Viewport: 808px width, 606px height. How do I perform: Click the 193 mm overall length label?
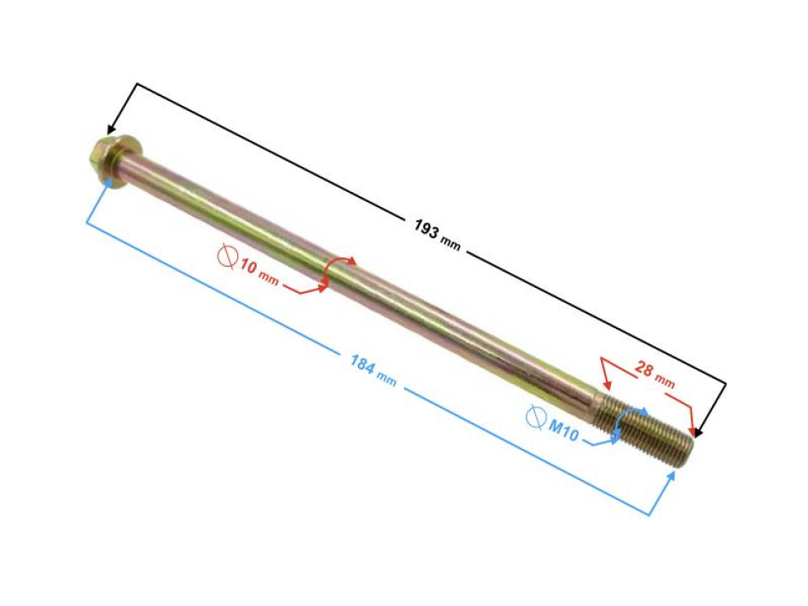(x=437, y=235)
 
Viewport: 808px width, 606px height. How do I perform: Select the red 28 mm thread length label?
(x=655, y=375)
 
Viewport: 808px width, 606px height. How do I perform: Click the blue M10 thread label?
(x=564, y=431)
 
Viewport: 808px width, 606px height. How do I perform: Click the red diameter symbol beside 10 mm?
(x=227, y=256)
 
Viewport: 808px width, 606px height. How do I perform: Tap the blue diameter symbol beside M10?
(x=536, y=417)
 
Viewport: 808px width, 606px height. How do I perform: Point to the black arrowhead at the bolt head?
(x=109, y=130)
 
